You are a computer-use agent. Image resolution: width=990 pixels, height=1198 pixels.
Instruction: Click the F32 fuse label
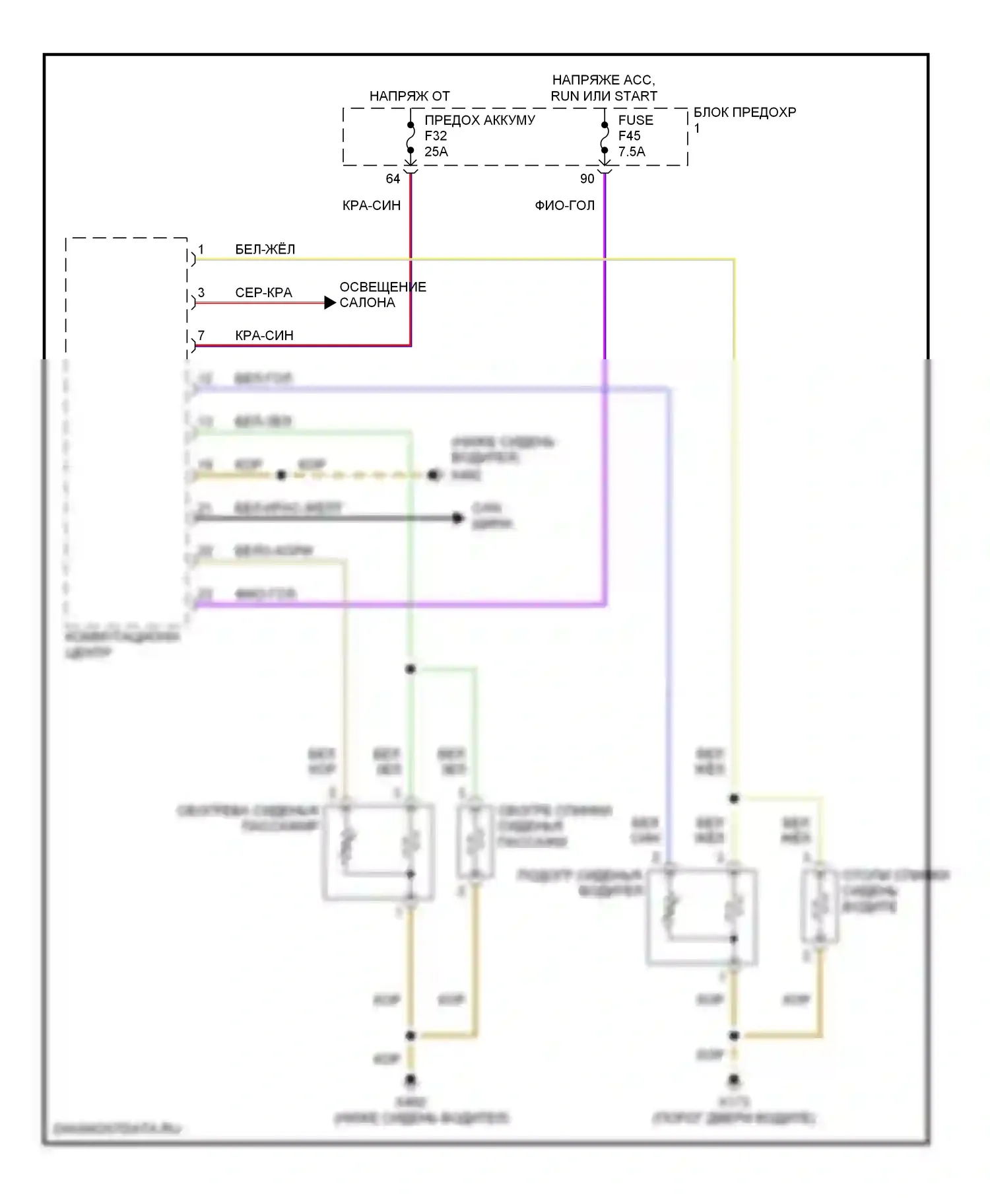click(x=436, y=136)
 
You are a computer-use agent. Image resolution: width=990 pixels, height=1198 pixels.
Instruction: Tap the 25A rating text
click(x=436, y=152)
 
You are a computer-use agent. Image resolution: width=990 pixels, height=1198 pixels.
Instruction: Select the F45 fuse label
click(x=630, y=136)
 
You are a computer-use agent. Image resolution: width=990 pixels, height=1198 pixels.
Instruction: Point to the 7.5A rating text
click(x=632, y=152)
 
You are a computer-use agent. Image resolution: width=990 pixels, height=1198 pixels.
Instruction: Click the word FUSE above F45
click(x=636, y=120)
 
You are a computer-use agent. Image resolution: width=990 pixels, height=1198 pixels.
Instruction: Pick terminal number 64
click(x=393, y=179)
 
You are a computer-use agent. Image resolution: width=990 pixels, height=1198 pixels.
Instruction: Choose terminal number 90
click(x=587, y=179)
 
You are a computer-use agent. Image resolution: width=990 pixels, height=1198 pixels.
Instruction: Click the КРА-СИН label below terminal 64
click(x=372, y=205)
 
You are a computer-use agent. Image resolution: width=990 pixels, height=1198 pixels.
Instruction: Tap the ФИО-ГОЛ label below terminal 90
click(x=564, y=205)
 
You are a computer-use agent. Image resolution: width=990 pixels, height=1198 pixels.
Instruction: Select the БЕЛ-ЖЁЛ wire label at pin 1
click(x=265, y=250)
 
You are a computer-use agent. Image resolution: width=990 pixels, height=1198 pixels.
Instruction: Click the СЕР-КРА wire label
click(x=263, y=293)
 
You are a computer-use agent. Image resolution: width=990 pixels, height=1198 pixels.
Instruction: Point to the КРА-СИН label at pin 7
click(x=264, y=335)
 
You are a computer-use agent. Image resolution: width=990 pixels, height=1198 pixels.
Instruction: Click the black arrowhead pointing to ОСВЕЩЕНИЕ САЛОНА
click(x=330, y=303)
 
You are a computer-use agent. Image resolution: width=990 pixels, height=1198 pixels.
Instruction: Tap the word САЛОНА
click(x=367, y=303)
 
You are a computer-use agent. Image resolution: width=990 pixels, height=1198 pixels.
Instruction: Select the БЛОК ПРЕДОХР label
click(x=744, y=112)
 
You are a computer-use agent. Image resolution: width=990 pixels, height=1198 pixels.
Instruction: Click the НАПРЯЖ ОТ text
click(x=409, y=96)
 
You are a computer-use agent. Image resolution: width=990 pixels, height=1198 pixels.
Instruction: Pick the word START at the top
click(x=636, y=96)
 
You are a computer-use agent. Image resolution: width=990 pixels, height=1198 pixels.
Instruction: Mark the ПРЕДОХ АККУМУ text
click(x=479, y=120)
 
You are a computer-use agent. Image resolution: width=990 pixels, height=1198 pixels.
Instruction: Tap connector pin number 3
click(x=201, y=293)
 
